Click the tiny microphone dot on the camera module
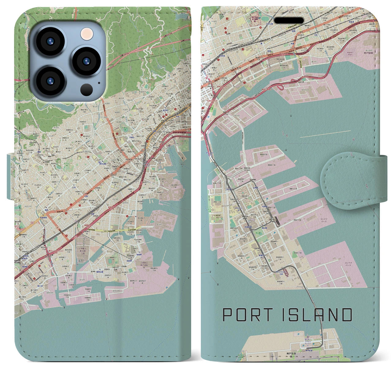coord(99,82)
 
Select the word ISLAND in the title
coord(316,315)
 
